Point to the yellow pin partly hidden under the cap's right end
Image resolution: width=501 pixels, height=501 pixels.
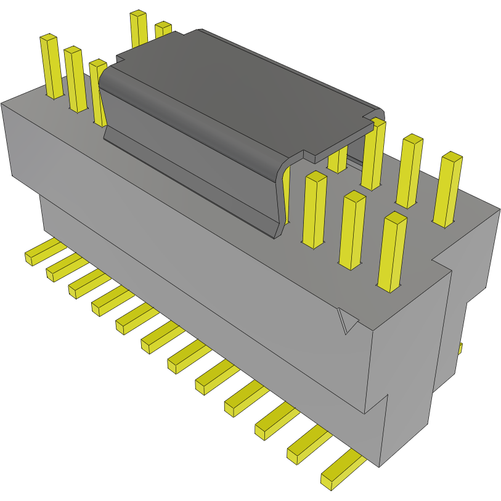click(337, 159)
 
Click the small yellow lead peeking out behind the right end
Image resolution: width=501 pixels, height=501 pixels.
click(460, 349)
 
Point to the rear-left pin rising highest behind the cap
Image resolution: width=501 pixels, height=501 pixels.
click(139, 28)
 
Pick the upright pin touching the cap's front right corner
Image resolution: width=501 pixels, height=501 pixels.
click(314, 210)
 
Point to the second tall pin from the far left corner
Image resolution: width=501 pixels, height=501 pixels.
click(76, 79)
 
